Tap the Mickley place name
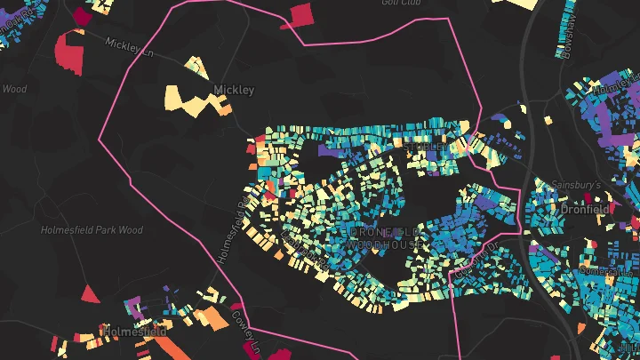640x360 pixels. point(234,90)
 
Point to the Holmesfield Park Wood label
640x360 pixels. point(92,230)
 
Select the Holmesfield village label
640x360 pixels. point(134,331)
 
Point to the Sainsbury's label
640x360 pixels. point(576,184)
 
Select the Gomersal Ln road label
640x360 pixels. point(596,270)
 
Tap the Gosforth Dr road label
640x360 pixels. point(471,259)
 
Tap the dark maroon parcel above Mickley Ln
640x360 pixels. point(83,16)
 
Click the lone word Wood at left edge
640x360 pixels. point(14,89)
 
